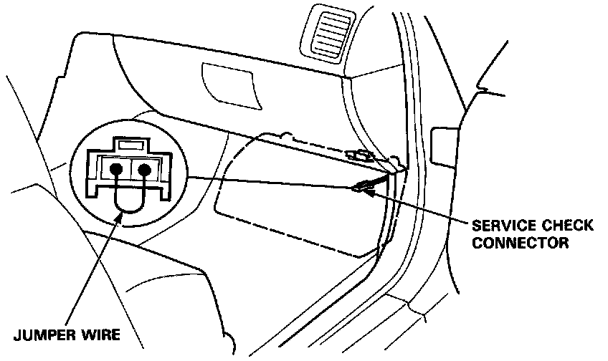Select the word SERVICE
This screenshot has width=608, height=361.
500,226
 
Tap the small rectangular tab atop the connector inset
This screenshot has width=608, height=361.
130,145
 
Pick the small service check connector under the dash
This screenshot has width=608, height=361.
361,188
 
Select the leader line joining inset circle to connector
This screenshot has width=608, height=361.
272,182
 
